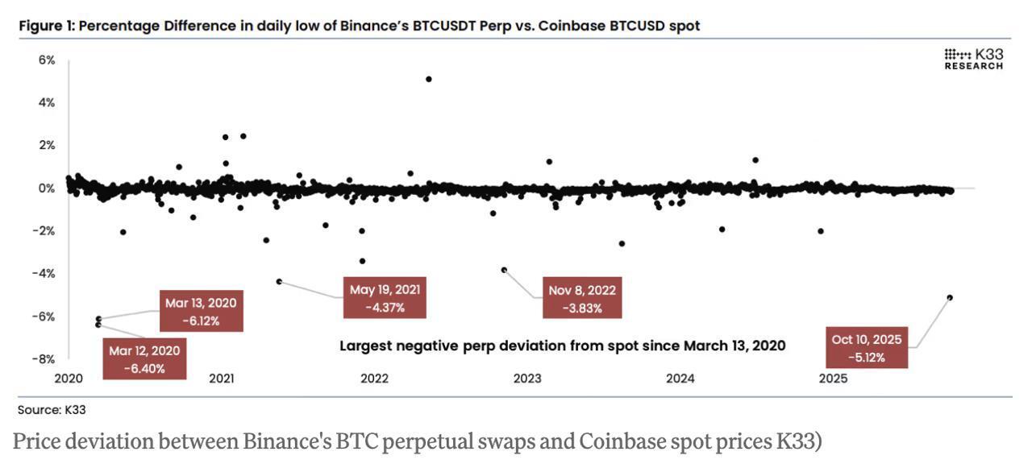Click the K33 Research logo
tap(974, 59)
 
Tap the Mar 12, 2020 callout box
tap(145, 358)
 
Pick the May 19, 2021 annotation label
tap(385, 298)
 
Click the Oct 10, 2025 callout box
tap(866, 347)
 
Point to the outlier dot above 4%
tap(428, 79)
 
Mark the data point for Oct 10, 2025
tap(950, 297)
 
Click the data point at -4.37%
tap(279, 281)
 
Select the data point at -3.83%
tap(504, 270)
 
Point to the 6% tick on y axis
tap(46, 60)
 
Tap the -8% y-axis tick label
tap(44, 359)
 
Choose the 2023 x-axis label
tap(527, 379)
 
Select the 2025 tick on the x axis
tap(833, 379)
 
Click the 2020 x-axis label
tap(69, 379)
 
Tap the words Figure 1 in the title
tap(48, 26)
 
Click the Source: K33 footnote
tap(52, 410)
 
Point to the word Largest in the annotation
tap(366, 346)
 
